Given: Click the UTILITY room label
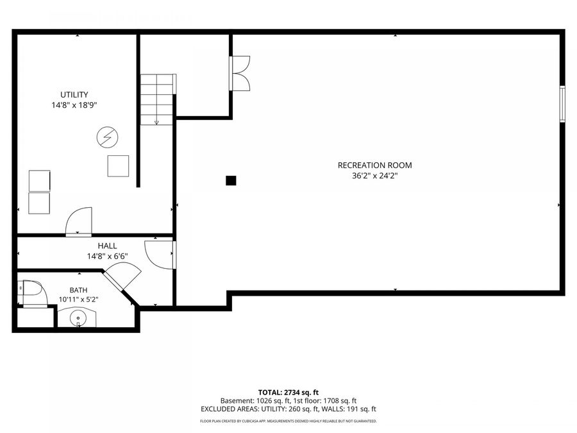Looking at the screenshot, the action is click(x=74, y=95).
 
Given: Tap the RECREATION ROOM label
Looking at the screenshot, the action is click(x=374, y=166).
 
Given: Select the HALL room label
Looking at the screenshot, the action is click(x=107, y=246).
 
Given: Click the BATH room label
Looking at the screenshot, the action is click(x=78, y=290).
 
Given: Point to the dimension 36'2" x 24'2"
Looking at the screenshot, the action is click(x=374, y=176).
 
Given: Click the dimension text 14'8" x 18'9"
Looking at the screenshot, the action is click(x=74, y=105).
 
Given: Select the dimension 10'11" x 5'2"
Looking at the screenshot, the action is click(x=78, y=300).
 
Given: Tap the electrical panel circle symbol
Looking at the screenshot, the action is click(x=108, y=137).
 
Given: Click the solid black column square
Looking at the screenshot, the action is click(x=231, y=180).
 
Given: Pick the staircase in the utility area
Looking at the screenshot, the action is click(x=157, y=99).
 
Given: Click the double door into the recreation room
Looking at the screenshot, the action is click(x=240, y=73).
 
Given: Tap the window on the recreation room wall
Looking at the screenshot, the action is click(x=562, y=104).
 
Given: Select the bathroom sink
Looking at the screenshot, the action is click(x=78, y=318).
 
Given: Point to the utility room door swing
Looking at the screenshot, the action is click(x=78, y=221).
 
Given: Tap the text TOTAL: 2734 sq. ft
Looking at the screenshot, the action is click(x=288, y=393).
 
